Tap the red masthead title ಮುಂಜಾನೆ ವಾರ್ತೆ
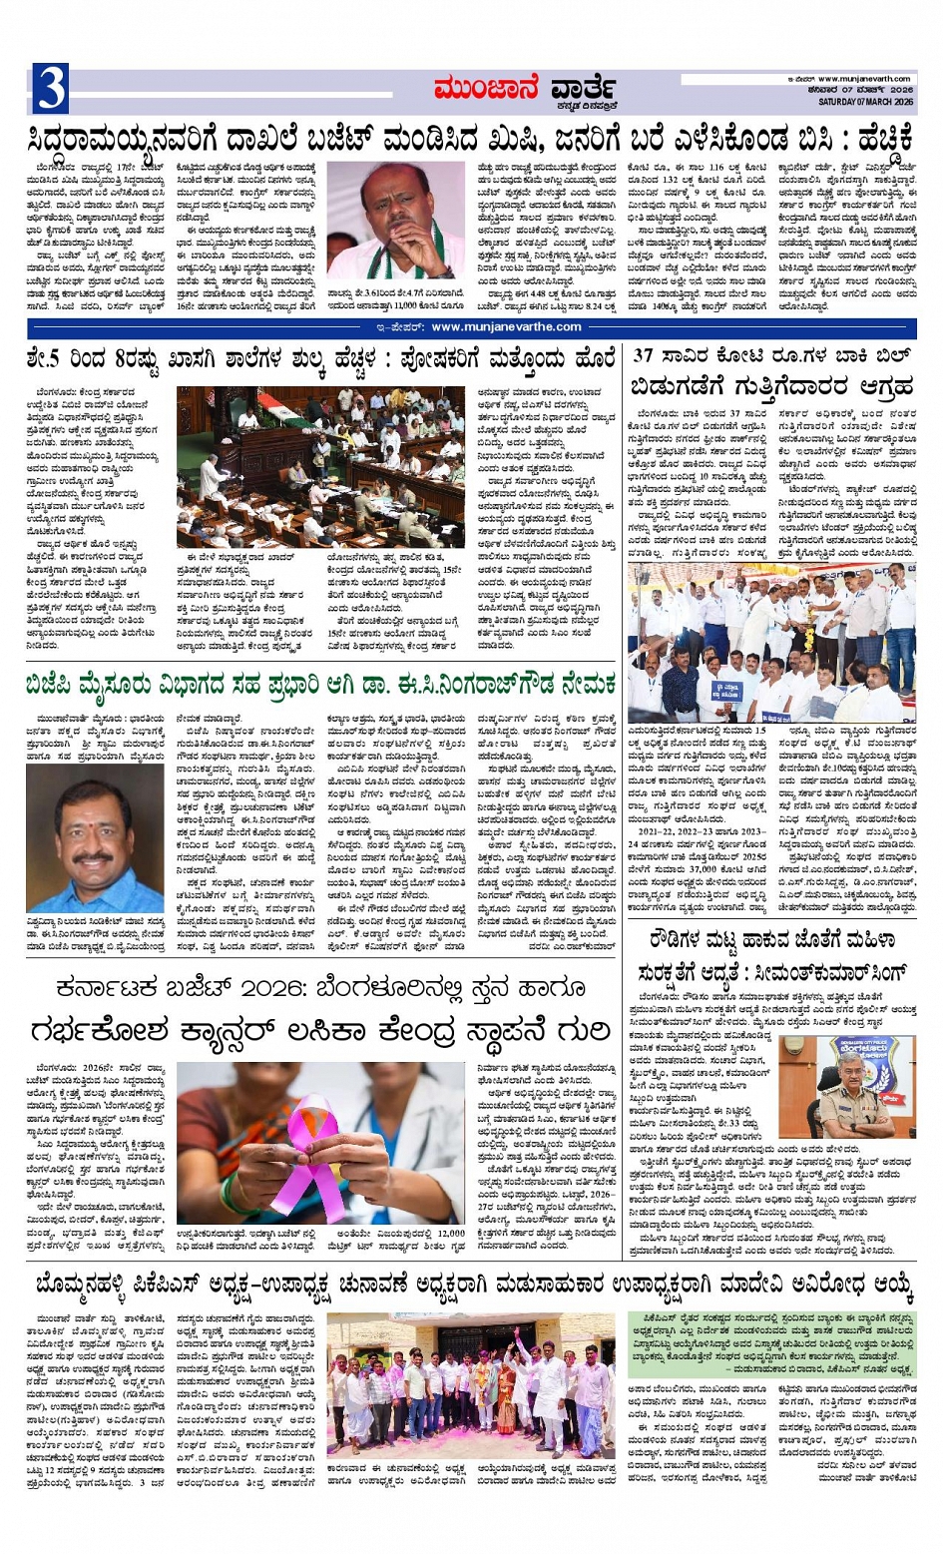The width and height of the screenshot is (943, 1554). [x=524, y=91]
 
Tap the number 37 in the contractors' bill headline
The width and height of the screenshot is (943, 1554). [x=644, y=355]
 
